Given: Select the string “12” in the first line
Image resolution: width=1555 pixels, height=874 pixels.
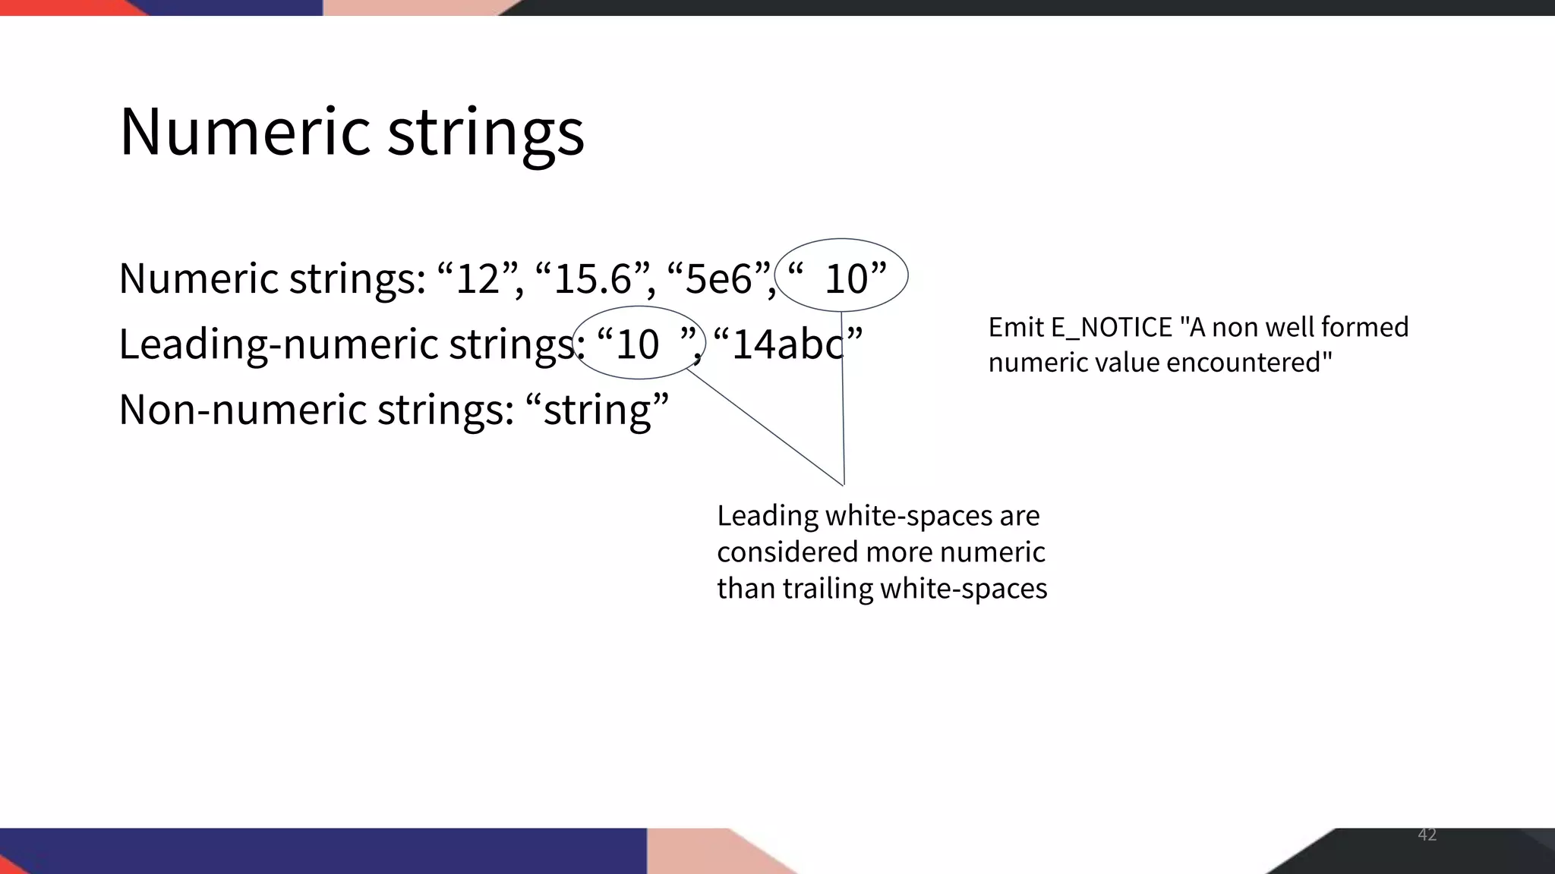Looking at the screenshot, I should point(478,278).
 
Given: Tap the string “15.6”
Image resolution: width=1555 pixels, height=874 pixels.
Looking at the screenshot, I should point(592,278).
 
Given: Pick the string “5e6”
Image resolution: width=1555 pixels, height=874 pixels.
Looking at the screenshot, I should point(718,278).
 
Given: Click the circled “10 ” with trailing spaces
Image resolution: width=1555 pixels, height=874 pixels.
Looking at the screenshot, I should point(639,344).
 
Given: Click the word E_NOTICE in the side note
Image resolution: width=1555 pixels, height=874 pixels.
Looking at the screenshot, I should point(1112,328).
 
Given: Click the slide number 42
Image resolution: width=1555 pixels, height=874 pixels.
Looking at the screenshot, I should point(1427,835).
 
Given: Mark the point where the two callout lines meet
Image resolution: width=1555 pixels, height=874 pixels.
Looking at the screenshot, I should point(844,484).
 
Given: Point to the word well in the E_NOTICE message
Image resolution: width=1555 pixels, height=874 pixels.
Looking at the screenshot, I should point(1294,328).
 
